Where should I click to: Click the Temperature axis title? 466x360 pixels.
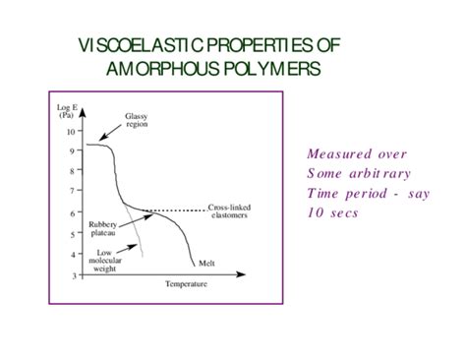tap(187, 284)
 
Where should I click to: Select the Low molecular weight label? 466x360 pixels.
tap(107, 260)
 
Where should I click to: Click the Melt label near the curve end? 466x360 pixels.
tap(206, 263)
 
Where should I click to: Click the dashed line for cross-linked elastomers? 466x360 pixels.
tap(177, 210)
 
